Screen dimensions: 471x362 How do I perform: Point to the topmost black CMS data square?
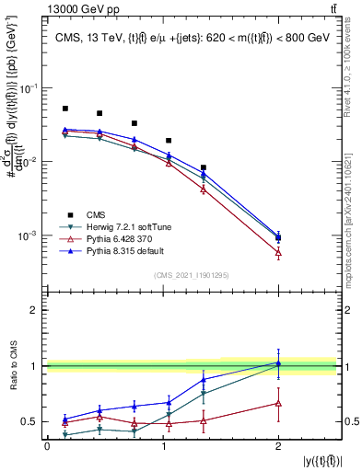(65, 109)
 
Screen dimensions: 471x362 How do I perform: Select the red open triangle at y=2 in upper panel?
(277, 252)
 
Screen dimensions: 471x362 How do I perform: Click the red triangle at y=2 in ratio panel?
(277, 403)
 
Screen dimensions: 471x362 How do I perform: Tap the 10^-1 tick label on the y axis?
(29, 88)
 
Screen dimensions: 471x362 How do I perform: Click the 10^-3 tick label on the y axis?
(29, 235)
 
